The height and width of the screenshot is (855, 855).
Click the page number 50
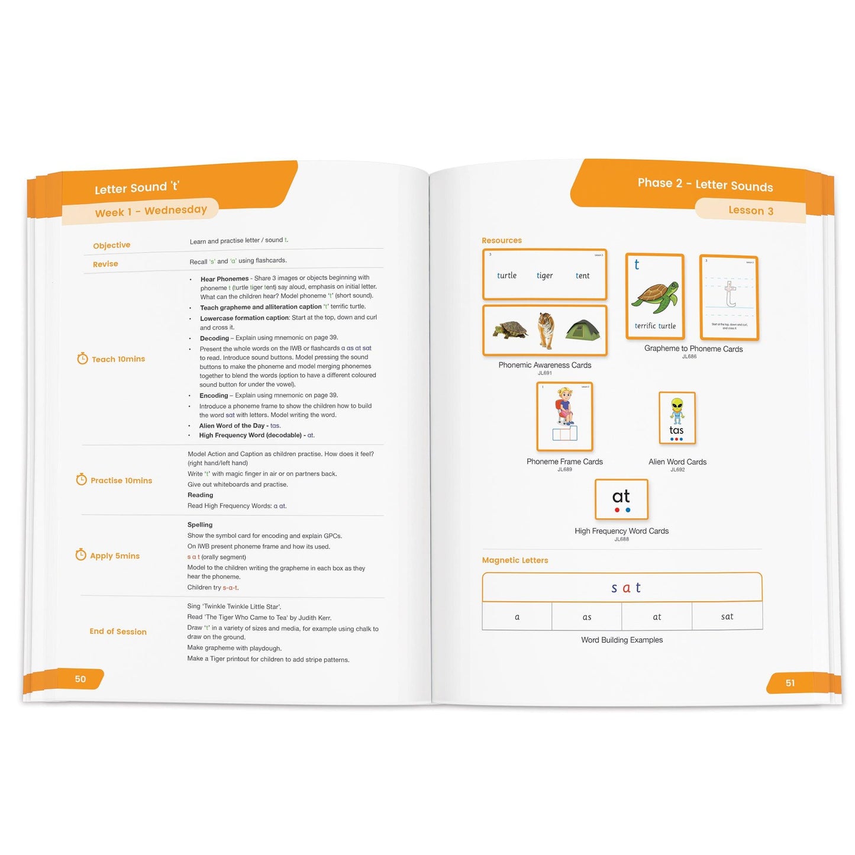80,679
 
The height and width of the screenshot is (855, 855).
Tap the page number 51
790,683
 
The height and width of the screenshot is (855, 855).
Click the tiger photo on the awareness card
545,330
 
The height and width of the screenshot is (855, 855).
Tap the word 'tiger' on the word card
544,276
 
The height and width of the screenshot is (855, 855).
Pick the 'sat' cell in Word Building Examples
727,617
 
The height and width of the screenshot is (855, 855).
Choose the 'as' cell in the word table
586,617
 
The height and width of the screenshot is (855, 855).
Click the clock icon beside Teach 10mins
82,359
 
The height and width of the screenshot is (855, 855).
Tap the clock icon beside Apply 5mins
81,555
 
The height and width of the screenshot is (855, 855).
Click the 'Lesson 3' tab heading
750,211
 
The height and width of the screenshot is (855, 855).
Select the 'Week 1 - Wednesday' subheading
151,211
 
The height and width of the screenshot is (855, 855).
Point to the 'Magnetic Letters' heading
515,560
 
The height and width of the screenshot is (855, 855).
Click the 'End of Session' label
118,631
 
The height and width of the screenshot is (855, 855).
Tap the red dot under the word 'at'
617,510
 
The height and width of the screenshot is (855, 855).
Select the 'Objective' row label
111,245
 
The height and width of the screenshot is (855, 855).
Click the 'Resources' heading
501,240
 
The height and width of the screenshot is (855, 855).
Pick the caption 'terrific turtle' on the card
655,326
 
